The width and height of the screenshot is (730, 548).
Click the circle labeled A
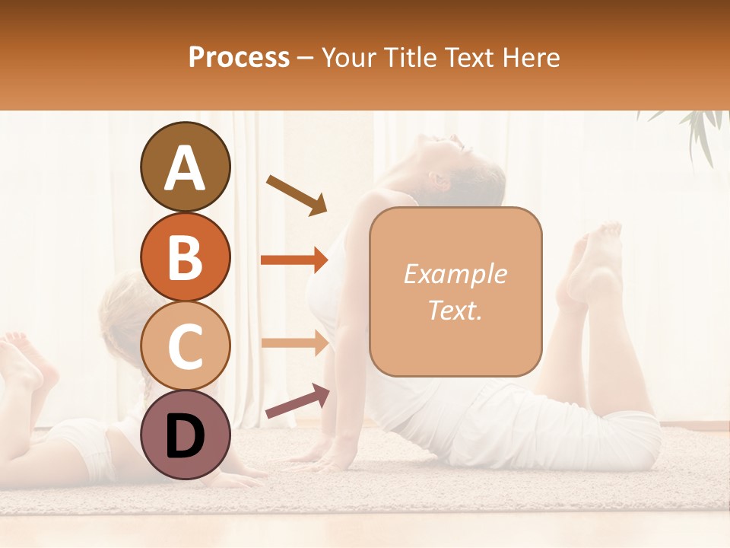click(185, 167)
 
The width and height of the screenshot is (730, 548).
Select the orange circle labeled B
click(185, 256)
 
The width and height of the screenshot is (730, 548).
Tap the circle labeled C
click(185, 346)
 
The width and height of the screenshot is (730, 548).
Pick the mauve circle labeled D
click(185, 435)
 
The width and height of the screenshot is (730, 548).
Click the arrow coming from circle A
click(297, 195)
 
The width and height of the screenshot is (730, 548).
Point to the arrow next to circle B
click(294, 260)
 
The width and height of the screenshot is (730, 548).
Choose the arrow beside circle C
click(294, 343)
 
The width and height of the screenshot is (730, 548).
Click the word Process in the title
click(239, 57)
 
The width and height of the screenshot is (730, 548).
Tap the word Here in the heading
click(530, 57)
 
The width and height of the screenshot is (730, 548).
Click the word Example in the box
click(455, 275)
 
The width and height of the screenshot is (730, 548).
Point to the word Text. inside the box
click(455, 310)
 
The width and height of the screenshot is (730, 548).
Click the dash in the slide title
click(306, 58)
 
